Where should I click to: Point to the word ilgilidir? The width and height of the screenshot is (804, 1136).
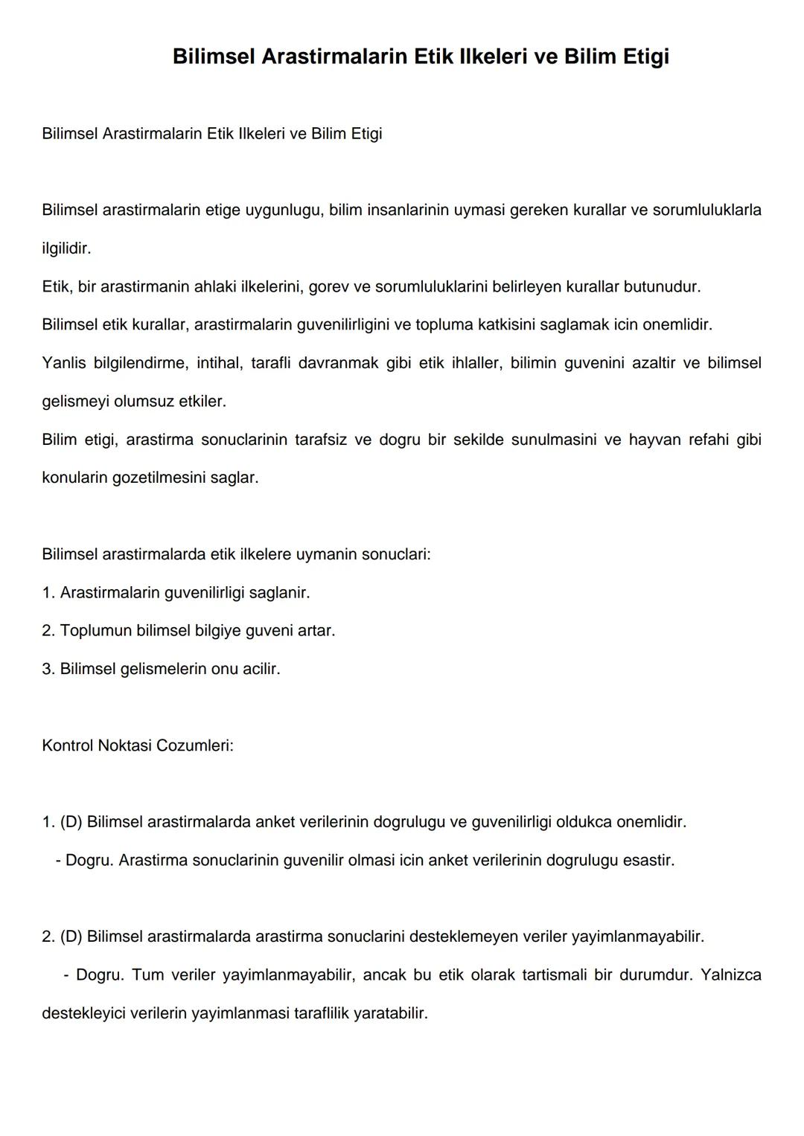(x=66, y=248)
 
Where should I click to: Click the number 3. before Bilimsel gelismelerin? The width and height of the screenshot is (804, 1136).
(x=48, y=669)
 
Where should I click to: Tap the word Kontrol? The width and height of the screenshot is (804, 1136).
(x=67, y=745)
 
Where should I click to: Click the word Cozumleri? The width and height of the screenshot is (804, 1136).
(x=197, y=745)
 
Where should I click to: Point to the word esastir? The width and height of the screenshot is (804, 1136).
(x=648, y=861)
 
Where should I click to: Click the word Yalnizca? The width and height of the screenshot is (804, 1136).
(x=730, y=975)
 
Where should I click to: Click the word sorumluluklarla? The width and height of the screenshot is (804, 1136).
(x=706, y=210)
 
